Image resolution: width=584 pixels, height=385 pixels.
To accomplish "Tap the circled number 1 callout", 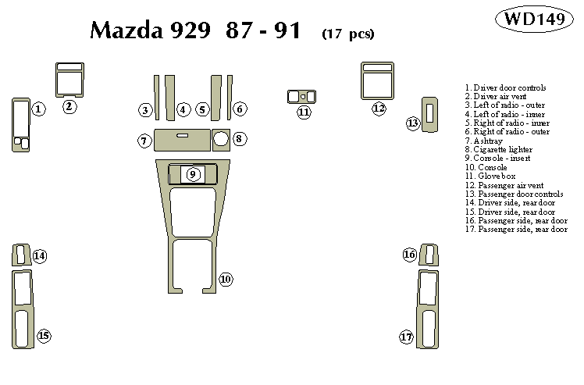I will point(38,109).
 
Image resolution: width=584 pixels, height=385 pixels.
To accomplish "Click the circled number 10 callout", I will point(226,279).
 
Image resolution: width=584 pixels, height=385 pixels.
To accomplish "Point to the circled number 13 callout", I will point(412,123).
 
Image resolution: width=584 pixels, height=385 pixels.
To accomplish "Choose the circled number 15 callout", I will point(44,336).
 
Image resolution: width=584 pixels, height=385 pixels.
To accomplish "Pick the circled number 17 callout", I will point(406,337).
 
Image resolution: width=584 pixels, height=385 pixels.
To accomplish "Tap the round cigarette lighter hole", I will point(220,140).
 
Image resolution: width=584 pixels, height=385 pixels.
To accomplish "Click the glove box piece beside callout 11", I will point(302,97).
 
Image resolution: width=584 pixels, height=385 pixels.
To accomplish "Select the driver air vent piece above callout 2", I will point(69,79).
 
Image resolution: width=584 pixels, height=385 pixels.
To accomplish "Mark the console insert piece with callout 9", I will point(192,174).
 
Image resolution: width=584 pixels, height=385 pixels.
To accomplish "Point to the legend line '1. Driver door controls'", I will point(504,87).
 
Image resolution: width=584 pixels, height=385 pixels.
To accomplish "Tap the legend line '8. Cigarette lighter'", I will point(500,149).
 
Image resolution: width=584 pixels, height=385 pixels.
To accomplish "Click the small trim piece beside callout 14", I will point(19,255).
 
